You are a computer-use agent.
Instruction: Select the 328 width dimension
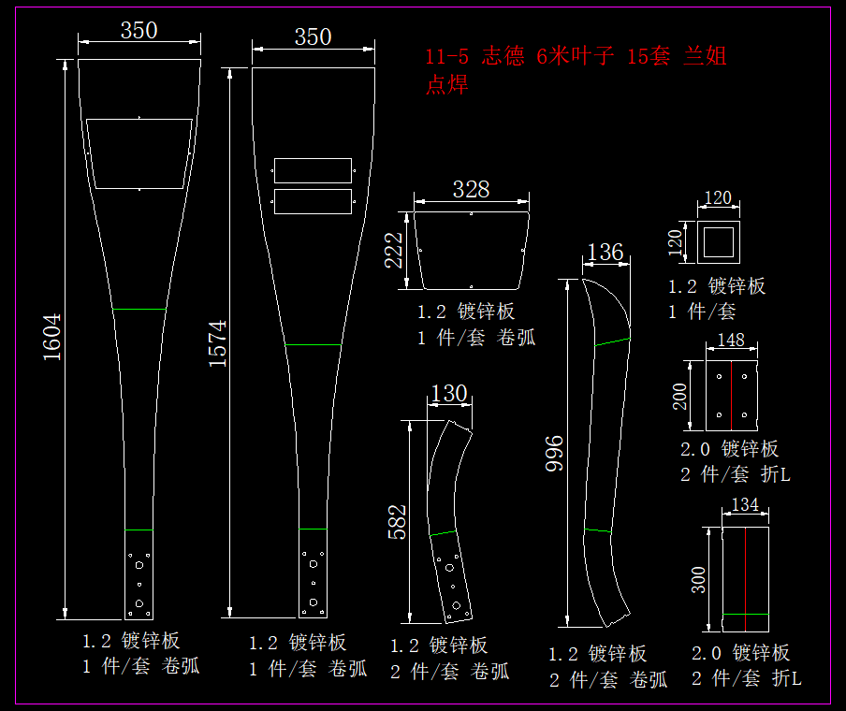(471, 189)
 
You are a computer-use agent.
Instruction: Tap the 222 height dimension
(394, 250)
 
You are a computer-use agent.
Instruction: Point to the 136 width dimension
(605, 252)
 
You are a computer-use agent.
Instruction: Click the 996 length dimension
(554, 453)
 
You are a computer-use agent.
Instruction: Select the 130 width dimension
(450, 394)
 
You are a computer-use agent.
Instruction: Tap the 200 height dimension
(681, 396)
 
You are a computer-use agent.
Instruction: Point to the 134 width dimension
(745, 505)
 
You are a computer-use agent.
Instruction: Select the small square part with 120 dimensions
(719, 242)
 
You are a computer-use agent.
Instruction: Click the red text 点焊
(446, 85)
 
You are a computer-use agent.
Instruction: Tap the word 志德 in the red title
(503, 56)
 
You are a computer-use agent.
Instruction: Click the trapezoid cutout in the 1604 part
(139, 153)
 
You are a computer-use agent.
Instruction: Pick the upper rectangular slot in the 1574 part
(313, 170)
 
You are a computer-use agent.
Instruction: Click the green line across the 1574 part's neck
(313, 345)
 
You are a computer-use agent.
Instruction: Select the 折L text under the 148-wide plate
(776, 474)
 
